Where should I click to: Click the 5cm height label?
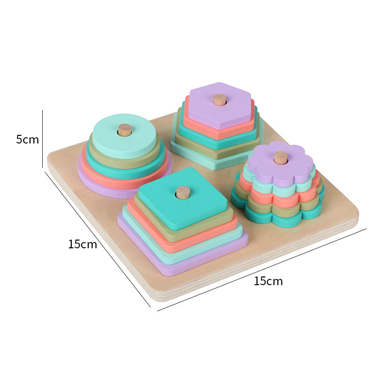(28, 140)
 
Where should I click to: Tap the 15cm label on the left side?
(82, 244)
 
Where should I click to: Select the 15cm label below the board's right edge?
(268, 281)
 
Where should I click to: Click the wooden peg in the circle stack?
(125, 129)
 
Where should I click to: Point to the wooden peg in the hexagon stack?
(220, 100)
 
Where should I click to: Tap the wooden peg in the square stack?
(183, 193)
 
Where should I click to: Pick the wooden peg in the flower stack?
(281, 158)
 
